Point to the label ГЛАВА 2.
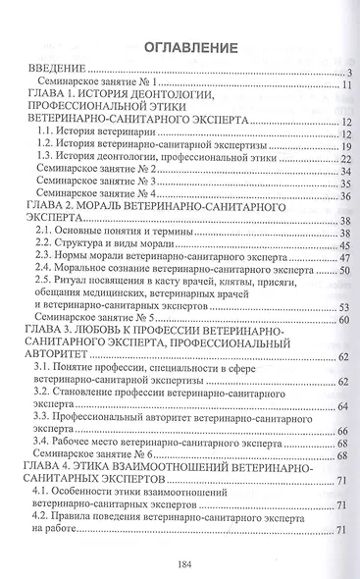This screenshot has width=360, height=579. (59, 209)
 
